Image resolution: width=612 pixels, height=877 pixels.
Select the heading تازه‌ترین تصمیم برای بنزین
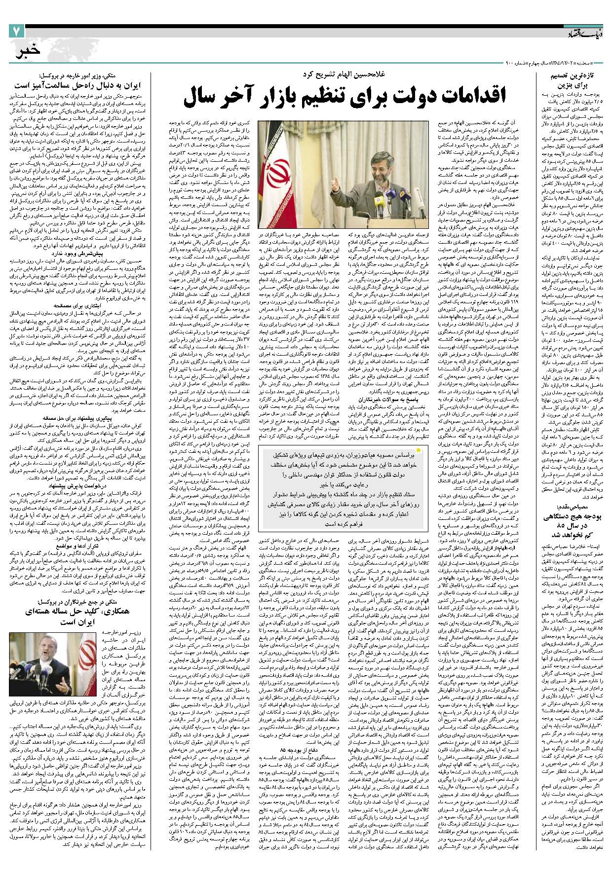[574, 81]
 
